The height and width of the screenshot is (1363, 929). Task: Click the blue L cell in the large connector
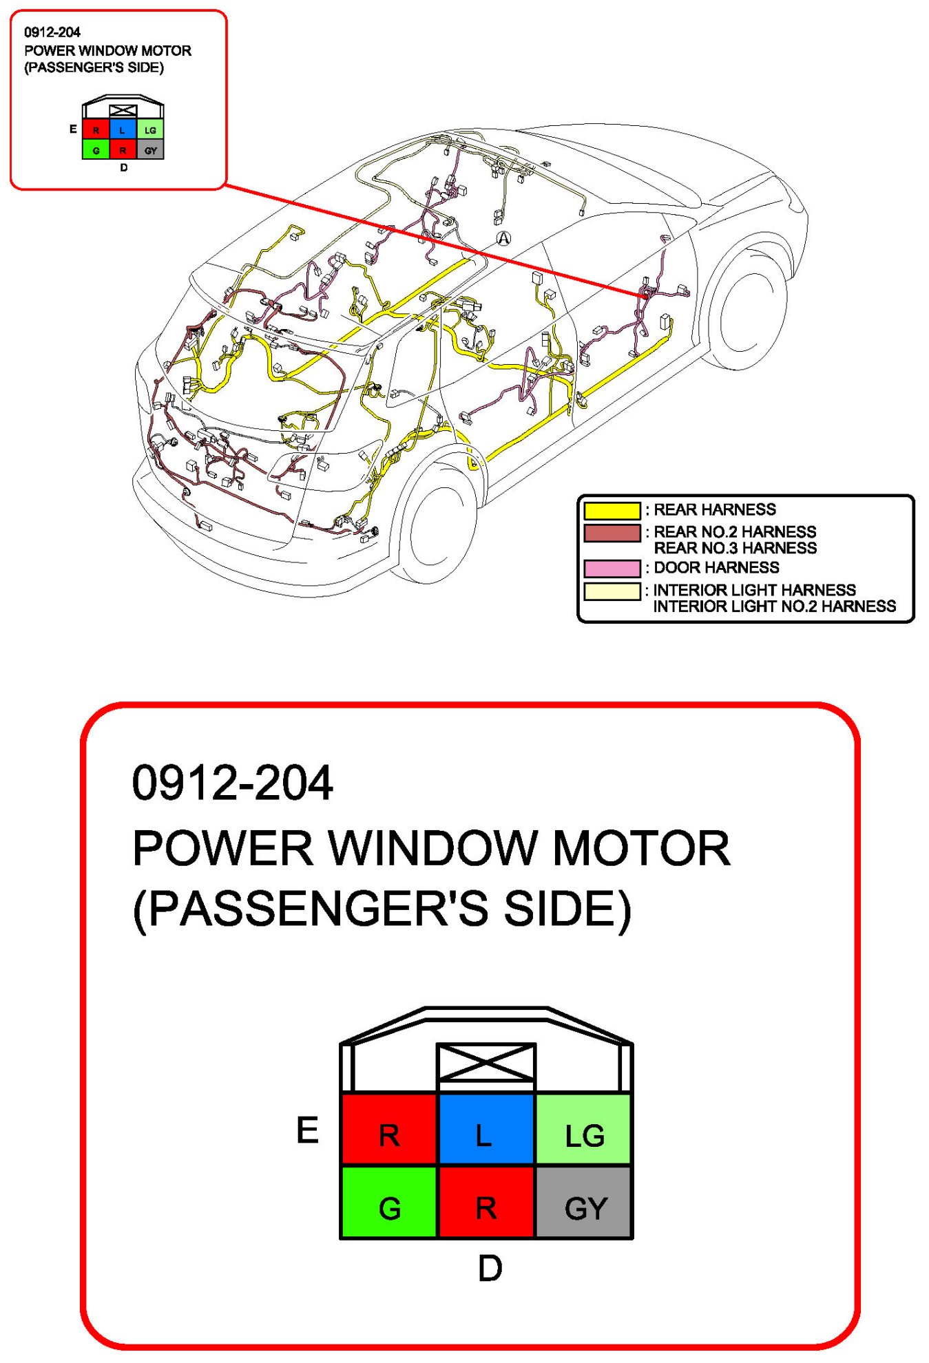tap(486, 1129)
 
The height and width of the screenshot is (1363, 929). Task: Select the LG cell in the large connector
tap(584, 1129)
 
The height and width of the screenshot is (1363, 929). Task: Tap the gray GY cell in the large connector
tap(584, 1202)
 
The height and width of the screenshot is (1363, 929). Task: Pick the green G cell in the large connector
tap(389, 1202)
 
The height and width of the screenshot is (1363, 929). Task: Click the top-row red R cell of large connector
tap(389, 1129)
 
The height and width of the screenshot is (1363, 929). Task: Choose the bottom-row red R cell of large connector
tap(486, 1202)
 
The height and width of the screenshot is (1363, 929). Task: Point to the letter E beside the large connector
tap(307, 1130)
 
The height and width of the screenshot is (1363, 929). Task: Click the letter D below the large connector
tap(490, 1268)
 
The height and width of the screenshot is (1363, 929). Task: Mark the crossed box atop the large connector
tap(486, 1061)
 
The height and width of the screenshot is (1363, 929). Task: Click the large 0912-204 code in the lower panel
tap(232, 783)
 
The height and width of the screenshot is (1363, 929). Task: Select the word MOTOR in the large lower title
tap(641, 848)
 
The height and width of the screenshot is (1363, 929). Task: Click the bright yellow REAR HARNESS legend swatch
tap(612, 511)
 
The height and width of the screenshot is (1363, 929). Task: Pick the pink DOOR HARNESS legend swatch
tap(612, 569)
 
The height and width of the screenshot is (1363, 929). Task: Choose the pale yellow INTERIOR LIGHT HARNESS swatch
tap(612, 591)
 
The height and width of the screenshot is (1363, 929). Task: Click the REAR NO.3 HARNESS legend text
tap(735, 549)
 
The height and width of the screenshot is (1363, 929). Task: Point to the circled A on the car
tap(504, 238)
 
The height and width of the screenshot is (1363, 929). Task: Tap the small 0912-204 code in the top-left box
tap(52, 32)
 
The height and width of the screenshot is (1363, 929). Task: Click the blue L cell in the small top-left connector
tap(123, 129)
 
